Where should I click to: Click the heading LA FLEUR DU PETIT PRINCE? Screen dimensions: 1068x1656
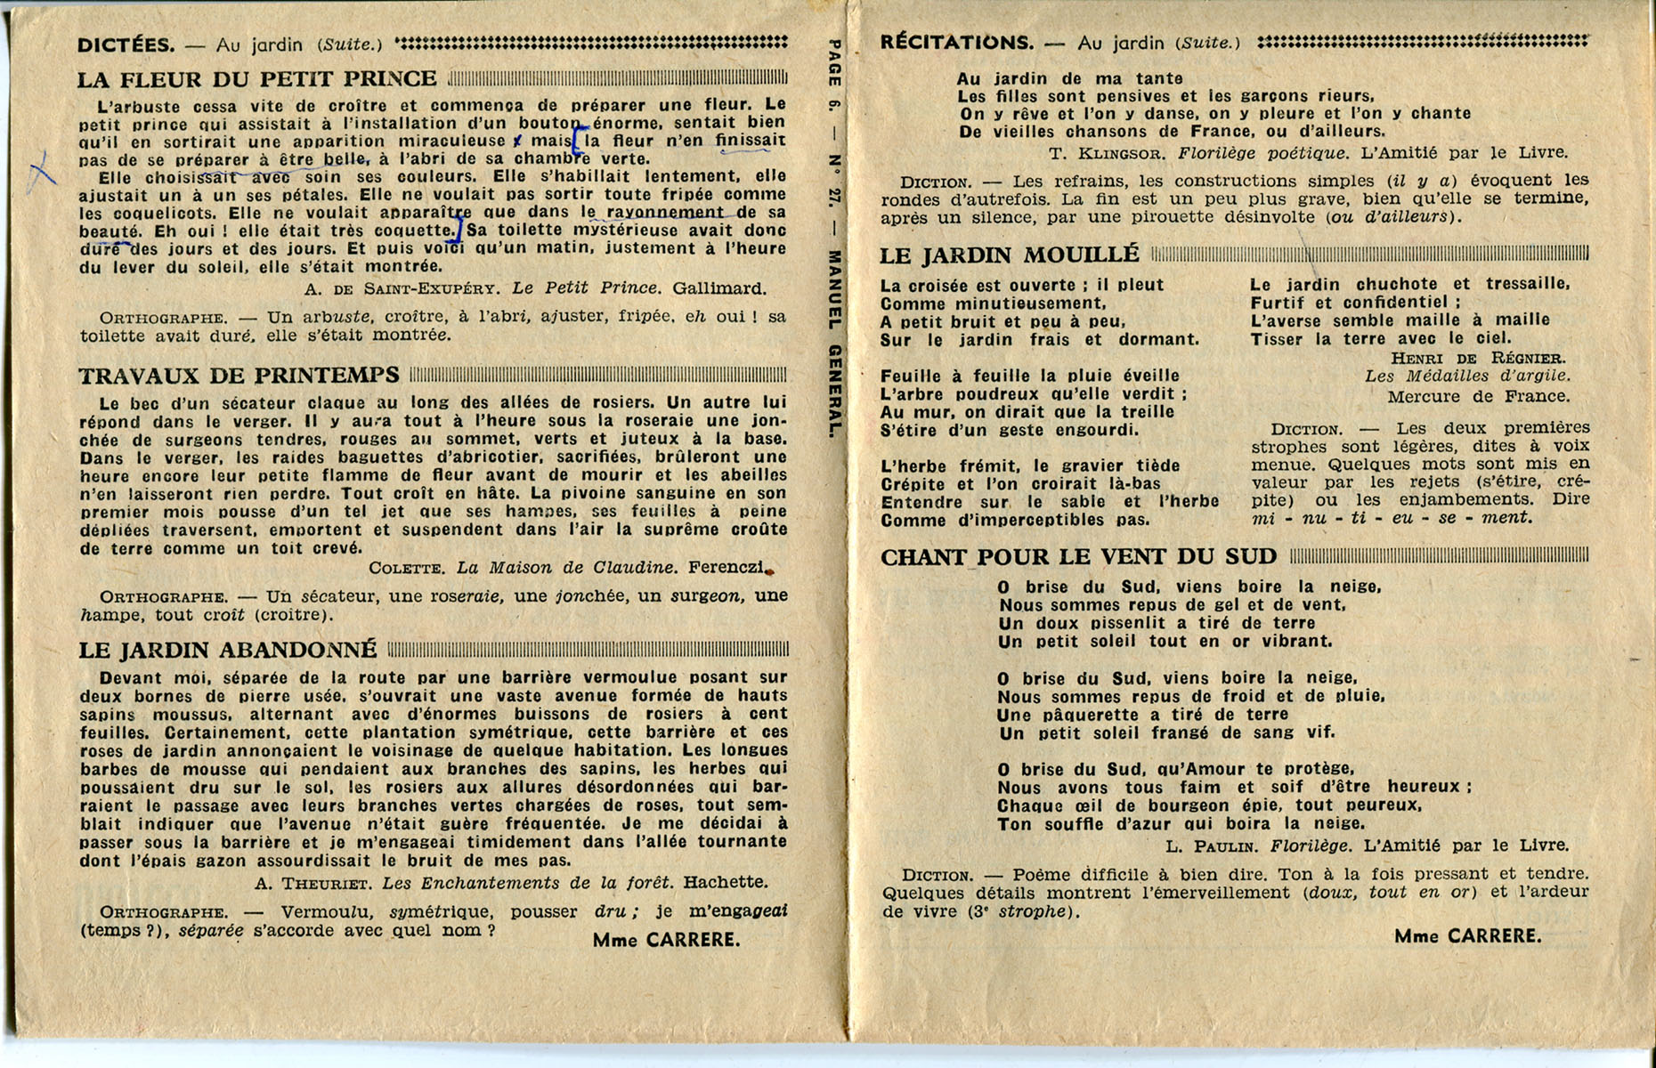coord(256,79)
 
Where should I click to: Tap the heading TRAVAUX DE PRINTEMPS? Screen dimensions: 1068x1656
coord(239,376)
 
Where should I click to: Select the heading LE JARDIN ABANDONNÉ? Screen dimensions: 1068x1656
coord(227,650)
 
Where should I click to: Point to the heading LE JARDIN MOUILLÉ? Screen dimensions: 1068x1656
coord(1009,255)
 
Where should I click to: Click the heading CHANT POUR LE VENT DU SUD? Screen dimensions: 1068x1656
coord(1078,557)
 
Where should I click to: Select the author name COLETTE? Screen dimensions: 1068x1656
coord(406,569)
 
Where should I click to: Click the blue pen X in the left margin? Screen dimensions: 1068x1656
coord(40,171)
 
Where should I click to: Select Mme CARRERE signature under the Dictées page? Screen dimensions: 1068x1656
coord(666,940)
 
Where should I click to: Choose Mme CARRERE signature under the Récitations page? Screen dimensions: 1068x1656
coord(1467,936)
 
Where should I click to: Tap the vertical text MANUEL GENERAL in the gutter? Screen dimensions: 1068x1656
coord(834,343)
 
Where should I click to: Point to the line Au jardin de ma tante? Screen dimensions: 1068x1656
coord(1069,78)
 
